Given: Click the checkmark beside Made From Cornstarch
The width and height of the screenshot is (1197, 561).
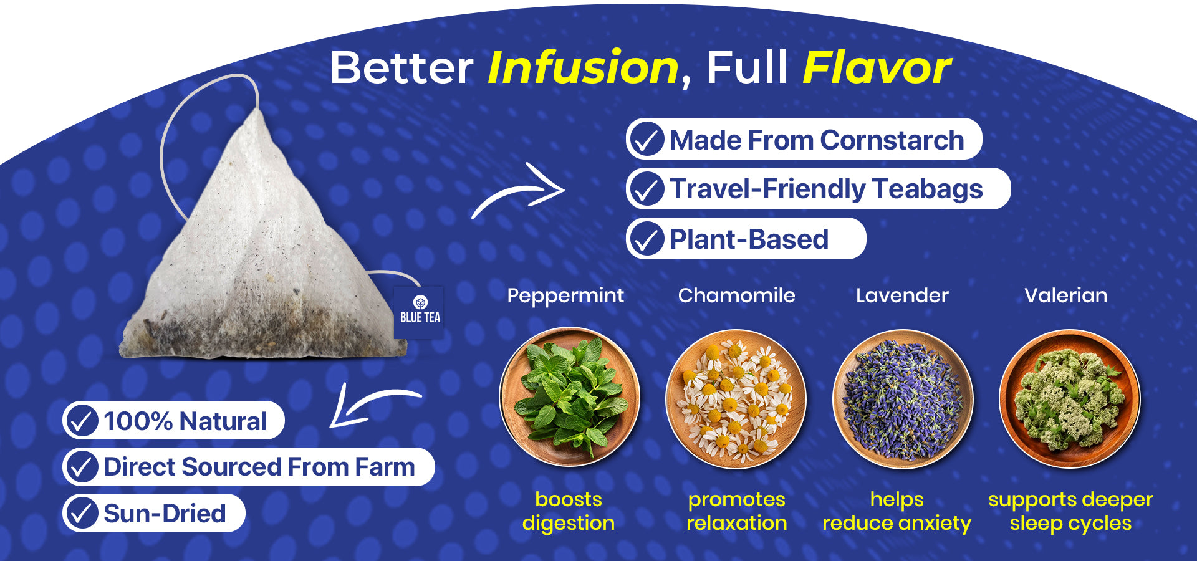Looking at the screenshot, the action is pos(647,139).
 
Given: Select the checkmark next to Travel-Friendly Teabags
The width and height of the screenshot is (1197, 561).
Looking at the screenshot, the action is pos(647,189).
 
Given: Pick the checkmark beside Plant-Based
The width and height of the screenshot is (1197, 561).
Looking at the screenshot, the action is pos(647,239).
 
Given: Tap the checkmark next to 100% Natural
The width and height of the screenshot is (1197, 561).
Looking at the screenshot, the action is pos(82,421).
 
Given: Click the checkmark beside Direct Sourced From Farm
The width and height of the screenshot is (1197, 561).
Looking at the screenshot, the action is pos(82,467).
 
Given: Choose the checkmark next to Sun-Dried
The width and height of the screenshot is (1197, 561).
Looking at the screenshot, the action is pos(82,513).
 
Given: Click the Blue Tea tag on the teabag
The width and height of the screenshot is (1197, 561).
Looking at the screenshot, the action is pos(419,312).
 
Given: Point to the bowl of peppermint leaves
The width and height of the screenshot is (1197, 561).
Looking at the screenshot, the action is pos(569,397).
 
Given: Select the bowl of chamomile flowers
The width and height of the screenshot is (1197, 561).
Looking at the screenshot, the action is pos(736,398).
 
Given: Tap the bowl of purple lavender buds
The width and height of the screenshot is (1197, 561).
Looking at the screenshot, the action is pos(902,398).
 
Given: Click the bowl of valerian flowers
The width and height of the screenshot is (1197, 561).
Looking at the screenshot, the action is pos(1069,398).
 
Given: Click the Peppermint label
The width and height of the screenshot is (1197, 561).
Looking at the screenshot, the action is pos(565,295).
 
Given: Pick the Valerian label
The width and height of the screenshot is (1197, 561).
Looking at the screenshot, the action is pos(1066,295).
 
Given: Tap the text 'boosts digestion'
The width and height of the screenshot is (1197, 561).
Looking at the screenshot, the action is pos(569,511).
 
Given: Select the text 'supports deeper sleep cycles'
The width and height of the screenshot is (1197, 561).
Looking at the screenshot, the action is pos(1070,511).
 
